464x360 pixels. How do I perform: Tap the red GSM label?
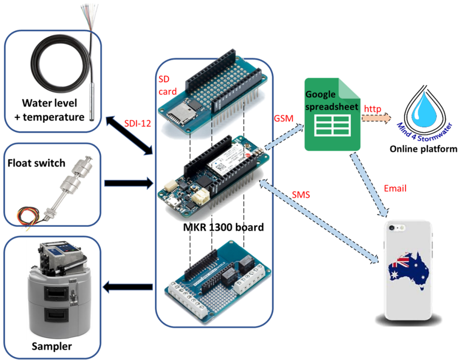click(x=284, y=118)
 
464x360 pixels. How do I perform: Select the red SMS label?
click(x=301, y=195)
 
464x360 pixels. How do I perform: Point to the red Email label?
click(x=395, y=188)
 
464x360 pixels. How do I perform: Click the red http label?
click(x=373, y=109)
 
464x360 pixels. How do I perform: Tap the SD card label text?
click(x=164, y=85)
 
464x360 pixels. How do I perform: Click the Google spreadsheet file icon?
click(x=333, y=115)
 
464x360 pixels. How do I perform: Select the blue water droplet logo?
click(x=423, y=106)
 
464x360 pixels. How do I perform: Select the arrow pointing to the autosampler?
click(x=128, y=287)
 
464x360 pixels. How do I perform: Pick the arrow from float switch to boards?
click(x=128, y=183)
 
